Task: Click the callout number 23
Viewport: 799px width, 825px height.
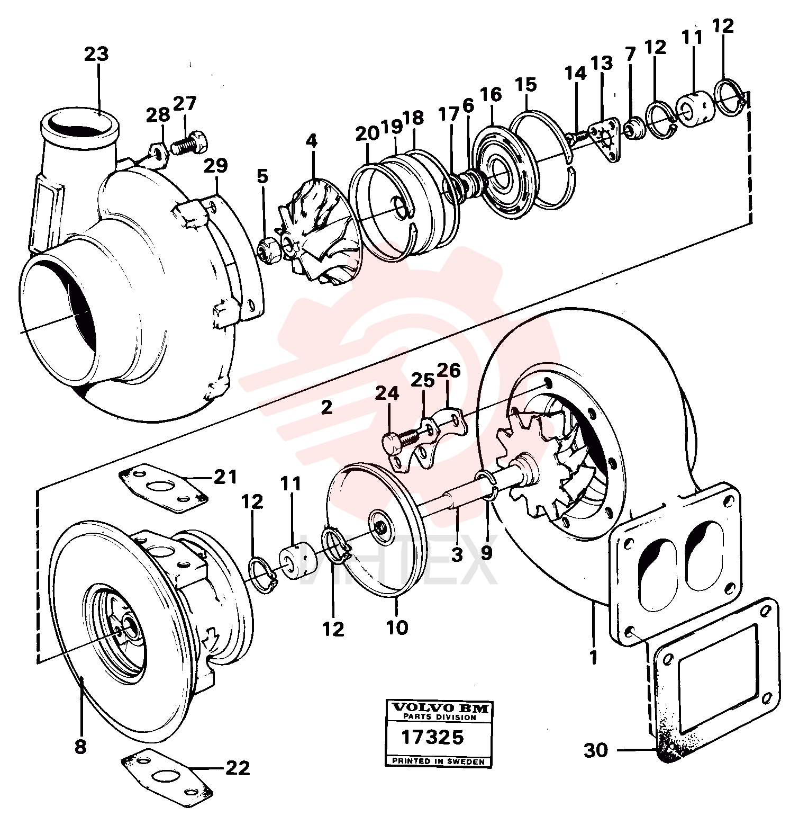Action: tap(96, 53)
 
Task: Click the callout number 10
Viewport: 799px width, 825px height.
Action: tap(397, 627)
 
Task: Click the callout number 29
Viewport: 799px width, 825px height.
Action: tap(216, 166)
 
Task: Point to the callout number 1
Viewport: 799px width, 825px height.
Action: tap(593, 657)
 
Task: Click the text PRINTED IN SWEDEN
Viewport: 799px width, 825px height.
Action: tap(438, 761)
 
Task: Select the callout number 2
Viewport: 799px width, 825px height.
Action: tap(326, 407)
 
